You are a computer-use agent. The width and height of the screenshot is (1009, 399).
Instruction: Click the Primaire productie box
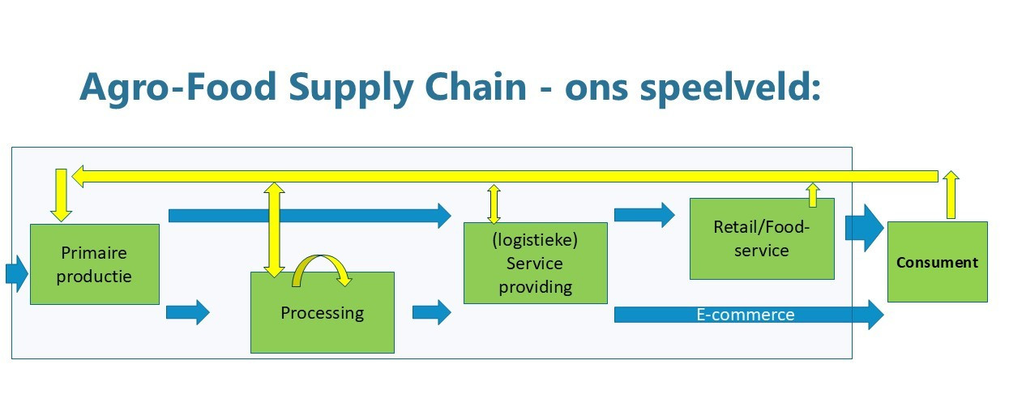pos(95,264)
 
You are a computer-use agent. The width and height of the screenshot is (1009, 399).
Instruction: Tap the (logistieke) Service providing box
pos(535,263)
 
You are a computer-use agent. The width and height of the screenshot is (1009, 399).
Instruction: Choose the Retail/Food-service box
pos(762,239)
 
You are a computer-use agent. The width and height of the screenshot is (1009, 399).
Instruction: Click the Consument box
pos(937,262)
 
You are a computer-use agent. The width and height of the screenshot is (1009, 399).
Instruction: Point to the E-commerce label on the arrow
pos(746,315)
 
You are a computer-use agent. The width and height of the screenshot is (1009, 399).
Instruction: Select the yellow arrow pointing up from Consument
pos(951,195)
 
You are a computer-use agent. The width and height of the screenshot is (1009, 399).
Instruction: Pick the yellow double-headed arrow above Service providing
pos(494,204)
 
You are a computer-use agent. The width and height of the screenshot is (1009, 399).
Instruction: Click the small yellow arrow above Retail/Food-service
pos(813,195)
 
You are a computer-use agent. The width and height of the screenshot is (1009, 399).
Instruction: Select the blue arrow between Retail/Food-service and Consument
pos(864,228)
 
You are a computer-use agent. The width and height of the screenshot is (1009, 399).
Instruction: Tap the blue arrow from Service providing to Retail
pos(644,215)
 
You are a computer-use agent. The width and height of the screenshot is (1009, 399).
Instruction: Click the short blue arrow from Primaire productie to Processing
pos(187,312)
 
